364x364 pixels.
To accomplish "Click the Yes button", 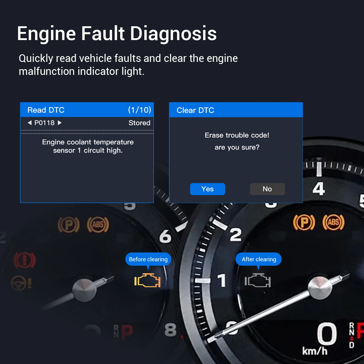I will coord(207,189).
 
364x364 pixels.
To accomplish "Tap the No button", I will coord(267,189).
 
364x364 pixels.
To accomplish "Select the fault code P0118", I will coord(44,123).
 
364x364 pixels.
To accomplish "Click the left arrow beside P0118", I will coord(30,123).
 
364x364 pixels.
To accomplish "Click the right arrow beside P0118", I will coord(60,123).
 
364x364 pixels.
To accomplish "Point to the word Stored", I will coord(139,123).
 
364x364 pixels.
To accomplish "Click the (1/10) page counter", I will coord(139,110).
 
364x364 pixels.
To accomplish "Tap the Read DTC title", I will coord(46,110).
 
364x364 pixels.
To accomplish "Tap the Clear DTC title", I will coord(195,110).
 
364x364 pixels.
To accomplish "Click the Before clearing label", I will coord(148,259).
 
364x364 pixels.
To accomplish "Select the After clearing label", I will coord(259,259).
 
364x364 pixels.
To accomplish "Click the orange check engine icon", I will coord(147,281).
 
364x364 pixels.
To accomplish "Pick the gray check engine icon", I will coord(258,281).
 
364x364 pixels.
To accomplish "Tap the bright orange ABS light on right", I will coord(333,222).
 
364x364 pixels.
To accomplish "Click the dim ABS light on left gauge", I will coord(98,225).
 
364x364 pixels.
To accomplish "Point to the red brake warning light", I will coord(24,260).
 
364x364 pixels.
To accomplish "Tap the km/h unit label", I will coord(315,351).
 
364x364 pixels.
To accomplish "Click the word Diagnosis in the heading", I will coord(173,34).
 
